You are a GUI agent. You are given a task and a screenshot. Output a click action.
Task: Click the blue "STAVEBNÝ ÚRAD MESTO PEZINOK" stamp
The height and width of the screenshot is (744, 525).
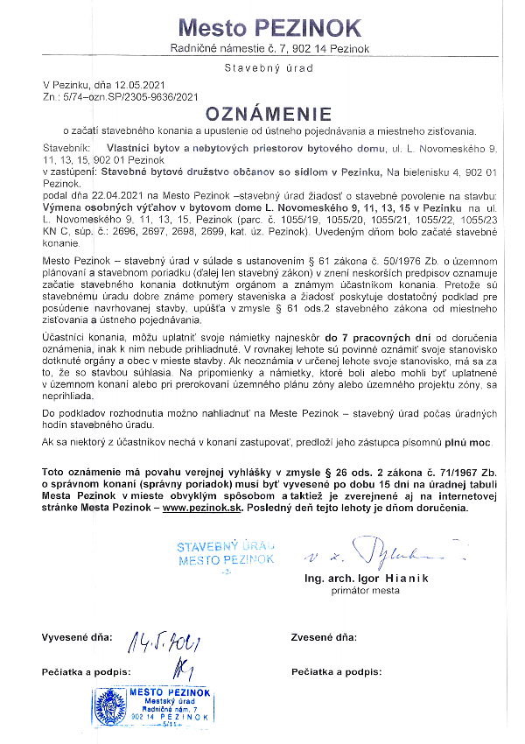click(x=226, y=553)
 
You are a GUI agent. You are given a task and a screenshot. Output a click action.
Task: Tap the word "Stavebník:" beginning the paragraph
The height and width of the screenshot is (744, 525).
click(x=66, y=148)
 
